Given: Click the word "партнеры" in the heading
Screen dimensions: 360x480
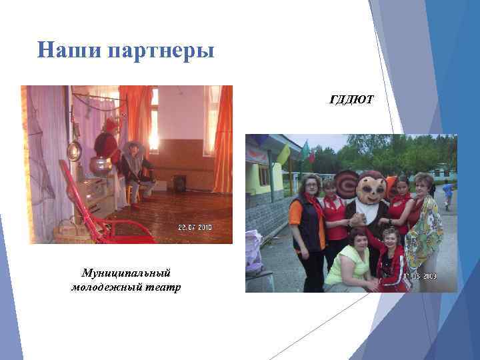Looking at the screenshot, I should coord(160,51).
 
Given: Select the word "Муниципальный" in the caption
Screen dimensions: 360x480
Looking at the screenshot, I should coord(126,273).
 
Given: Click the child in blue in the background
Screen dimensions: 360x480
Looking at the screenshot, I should coord(448,193).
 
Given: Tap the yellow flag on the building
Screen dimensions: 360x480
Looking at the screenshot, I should coord(283,154).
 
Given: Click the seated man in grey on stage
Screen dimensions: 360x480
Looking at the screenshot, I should coord(133,171).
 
